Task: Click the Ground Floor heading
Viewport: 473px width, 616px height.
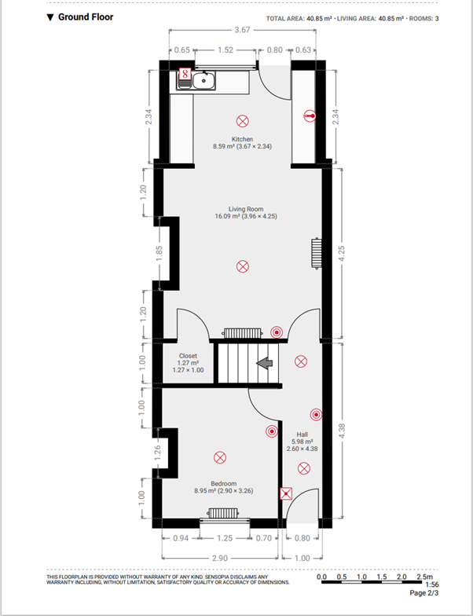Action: pos(80,17)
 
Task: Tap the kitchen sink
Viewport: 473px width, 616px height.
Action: pos(203,80)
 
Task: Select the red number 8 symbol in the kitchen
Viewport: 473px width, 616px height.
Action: pos(185,73)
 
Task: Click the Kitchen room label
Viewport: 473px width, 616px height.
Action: pos(242,139)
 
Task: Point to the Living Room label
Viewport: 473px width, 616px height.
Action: pos(246,209)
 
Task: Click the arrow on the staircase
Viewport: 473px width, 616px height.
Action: pos(266,363)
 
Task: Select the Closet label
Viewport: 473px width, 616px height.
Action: pos(188,356)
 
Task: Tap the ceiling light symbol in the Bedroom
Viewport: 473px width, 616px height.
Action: pos(220,457)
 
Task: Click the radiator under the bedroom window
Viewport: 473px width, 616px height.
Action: pos(223,513)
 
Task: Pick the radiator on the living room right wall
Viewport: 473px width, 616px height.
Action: pos(317,253)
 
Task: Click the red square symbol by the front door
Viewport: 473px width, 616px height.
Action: pos(286,493)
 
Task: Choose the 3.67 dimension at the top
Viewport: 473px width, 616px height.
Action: pos(242,30)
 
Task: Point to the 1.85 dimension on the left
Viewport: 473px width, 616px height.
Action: pos(159,253)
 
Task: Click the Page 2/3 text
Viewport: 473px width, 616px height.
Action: pos(424,593)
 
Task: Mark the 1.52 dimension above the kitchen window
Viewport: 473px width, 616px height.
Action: pos(225,50)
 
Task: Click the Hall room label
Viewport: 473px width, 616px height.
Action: pos(302,434)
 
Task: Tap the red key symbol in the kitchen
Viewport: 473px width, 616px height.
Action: pos(310,115)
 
